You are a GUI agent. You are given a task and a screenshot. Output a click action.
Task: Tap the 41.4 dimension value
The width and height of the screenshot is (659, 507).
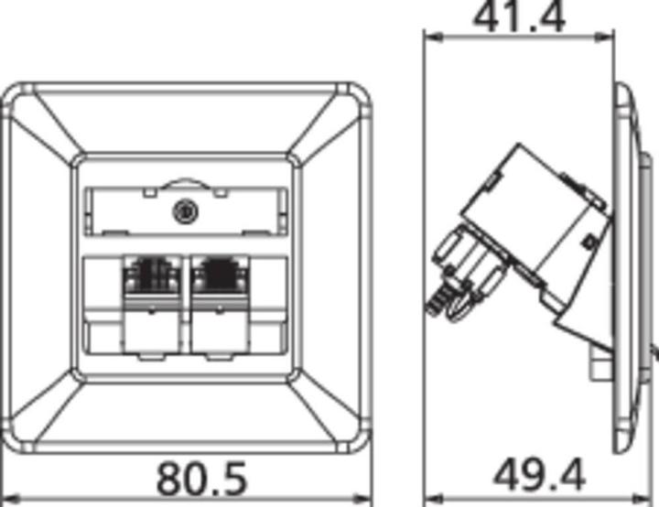[x=518, y=16]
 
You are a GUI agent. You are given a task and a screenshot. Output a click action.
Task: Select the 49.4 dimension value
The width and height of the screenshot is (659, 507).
[x=539, y=475]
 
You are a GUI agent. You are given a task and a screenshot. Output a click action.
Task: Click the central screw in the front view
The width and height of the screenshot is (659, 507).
[x=186, y=212]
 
